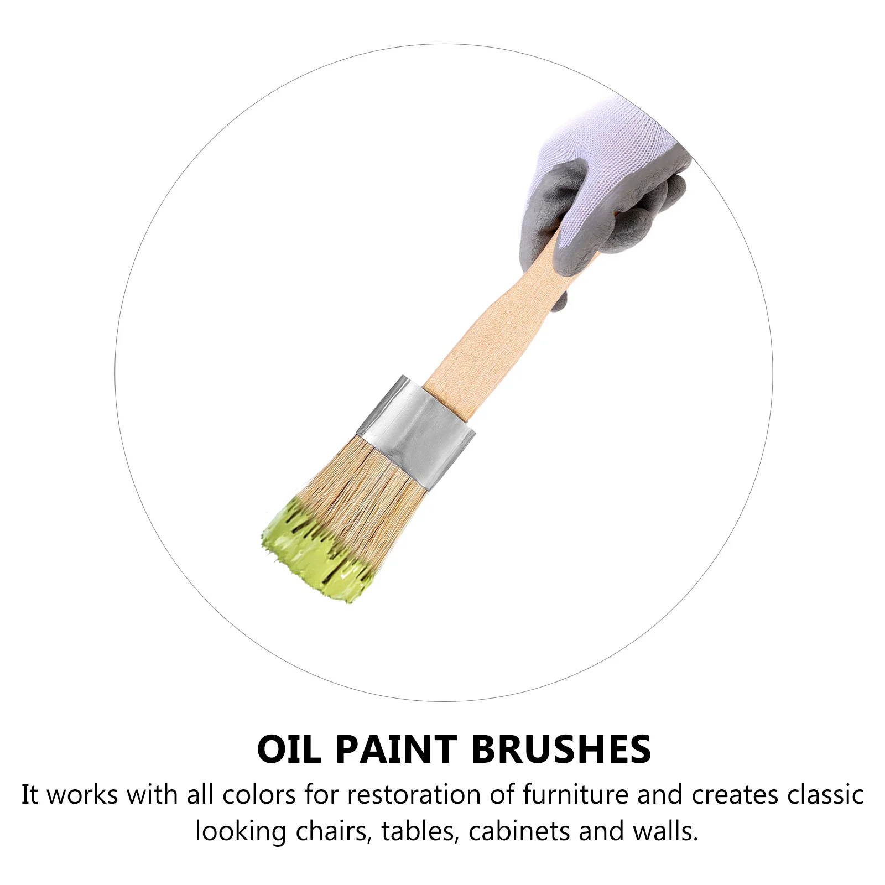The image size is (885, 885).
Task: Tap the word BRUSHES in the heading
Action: click(x=561, y=749)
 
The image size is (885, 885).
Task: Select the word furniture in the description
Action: click(x=575, y=795)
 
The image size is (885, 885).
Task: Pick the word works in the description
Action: click(x=82, y=795)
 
